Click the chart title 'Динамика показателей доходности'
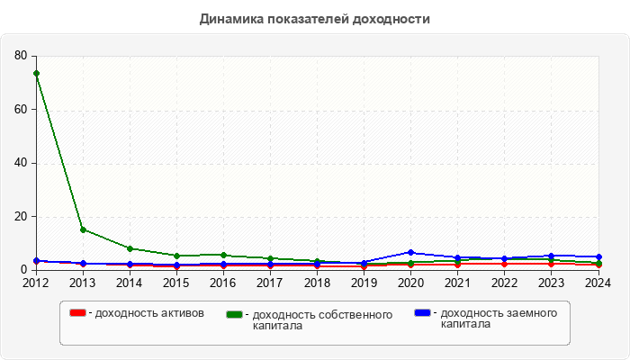coord(314,18)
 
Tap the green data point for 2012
coord(36,73)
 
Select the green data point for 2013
coord(83,229)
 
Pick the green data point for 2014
coord(130,248)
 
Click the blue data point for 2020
coord(410,253)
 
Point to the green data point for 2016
coord(223,256)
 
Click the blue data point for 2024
coord(598,257)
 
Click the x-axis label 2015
coord(176,283)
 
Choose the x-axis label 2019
coord(364,283)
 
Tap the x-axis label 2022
coord(504,283)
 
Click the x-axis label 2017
coord(270,283)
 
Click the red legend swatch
coord(78,313)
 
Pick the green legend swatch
coord(236,315)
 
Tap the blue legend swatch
coord(423,313)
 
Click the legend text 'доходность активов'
coord(149,313)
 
